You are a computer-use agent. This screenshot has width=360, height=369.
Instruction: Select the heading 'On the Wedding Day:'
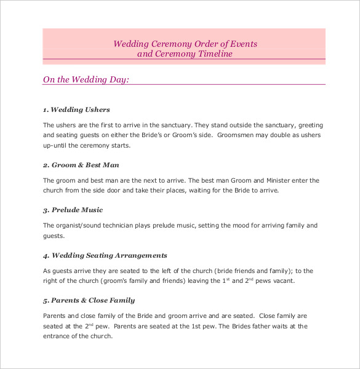(x=86, y=79)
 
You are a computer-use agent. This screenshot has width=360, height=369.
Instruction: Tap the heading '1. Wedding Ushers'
(x=76, y=109)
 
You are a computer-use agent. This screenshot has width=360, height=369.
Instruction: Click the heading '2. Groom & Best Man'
(x=81, y=165)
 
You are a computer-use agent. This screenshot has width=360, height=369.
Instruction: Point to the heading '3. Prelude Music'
(x=73, y=210)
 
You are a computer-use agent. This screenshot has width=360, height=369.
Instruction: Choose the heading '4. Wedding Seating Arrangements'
(x=105, y=255)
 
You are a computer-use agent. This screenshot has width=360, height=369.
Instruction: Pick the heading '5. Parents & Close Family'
(x=89, y=300)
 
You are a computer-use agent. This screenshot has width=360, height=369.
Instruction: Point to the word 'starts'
(x=120, y=146)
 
